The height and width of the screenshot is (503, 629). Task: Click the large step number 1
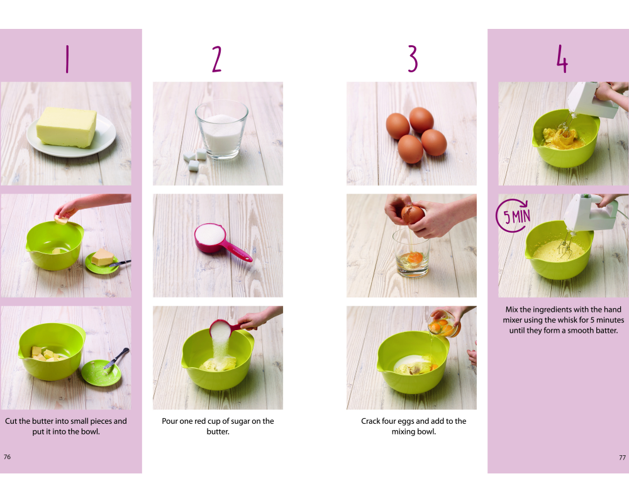[x=67, y=58]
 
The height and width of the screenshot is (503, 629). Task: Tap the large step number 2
[x=217, y=58]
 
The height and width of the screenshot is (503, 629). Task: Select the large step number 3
[x=413, y=58]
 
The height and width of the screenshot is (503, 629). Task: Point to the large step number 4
[x=562, y=58]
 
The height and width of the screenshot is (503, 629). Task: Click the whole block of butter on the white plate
[x=67, y=127]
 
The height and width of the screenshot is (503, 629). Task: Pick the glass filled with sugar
[x=222, y=129]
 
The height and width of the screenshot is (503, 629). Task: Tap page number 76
[x=7, y=457]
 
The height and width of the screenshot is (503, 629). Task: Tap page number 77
[x=622, y=457]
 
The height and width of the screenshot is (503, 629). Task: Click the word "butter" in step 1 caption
[x=43, y=421]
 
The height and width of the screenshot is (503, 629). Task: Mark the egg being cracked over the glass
[x=413, y=214]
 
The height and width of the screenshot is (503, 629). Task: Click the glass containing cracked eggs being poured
[x=443, y=323]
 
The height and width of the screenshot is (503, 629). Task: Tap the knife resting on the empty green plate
[x=117, y=358]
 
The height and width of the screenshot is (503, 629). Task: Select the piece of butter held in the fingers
[x=62, y=219]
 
